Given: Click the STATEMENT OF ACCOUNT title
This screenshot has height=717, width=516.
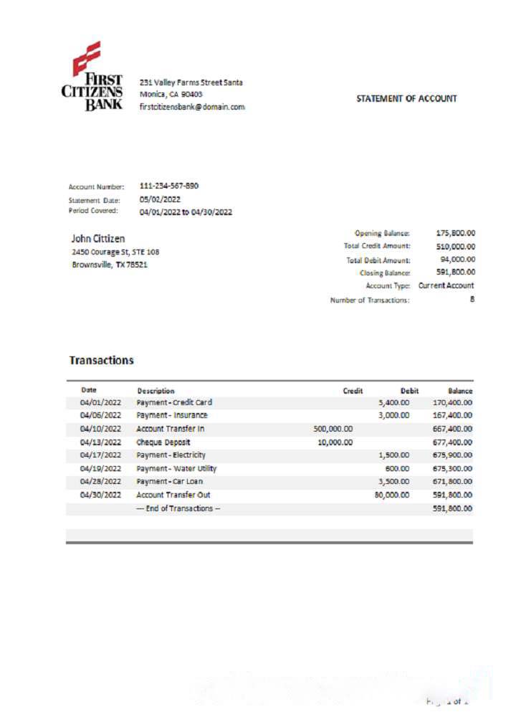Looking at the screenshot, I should tap(406, 99).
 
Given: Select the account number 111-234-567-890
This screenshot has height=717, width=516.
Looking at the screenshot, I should tap(169, 186).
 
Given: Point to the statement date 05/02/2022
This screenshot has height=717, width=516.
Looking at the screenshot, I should tap(160, 200).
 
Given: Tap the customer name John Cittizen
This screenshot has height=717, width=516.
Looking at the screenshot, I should tap(98, 238).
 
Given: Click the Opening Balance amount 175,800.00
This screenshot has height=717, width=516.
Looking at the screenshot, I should tap(456, 233).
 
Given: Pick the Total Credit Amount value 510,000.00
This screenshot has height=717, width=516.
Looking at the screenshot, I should tap(456, 246).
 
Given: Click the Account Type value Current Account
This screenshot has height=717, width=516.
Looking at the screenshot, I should tap(446, 285).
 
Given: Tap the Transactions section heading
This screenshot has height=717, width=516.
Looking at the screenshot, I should tap(101, 360).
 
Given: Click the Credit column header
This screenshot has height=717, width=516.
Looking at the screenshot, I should tap(353, 391).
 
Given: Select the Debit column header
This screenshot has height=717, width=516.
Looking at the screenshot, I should tap(409, 391).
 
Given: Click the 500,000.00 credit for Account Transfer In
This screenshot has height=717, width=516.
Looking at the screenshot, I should tap(333, 429).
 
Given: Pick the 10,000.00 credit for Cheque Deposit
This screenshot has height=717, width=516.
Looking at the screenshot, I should tap(335, 442).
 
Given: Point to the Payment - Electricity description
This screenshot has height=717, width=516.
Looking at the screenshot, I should tap(171, 455).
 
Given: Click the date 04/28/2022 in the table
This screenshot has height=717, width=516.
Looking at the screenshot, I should tap(101, 481).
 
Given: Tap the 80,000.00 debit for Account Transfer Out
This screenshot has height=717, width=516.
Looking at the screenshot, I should tap(392, 495).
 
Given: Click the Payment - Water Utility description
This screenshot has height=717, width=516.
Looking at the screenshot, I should tap(176, 468).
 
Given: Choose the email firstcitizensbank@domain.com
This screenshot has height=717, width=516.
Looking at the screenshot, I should tap(192, 106).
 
